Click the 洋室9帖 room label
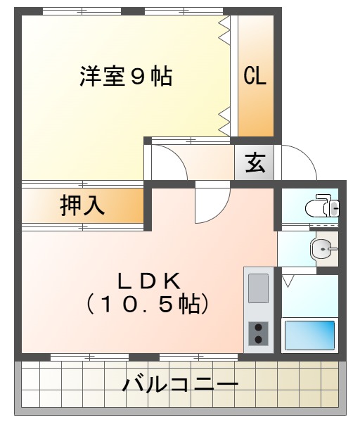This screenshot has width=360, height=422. point(126,76)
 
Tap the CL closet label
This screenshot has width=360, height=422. point(255,77)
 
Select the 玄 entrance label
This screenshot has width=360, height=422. point(255,165)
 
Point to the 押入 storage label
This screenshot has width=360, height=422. point(82,205)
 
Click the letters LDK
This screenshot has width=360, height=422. point(149,281)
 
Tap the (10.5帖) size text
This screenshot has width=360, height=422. point(149,305)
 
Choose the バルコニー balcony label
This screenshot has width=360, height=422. point(180,385)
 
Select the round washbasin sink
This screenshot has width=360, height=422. point(321,248)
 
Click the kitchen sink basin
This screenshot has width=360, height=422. point(258,288)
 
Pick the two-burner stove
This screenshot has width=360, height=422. point(258,333)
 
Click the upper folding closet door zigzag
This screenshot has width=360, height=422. point(225,31)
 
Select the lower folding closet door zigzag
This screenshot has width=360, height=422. point(225,120)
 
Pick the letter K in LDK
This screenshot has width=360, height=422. point(172,281)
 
